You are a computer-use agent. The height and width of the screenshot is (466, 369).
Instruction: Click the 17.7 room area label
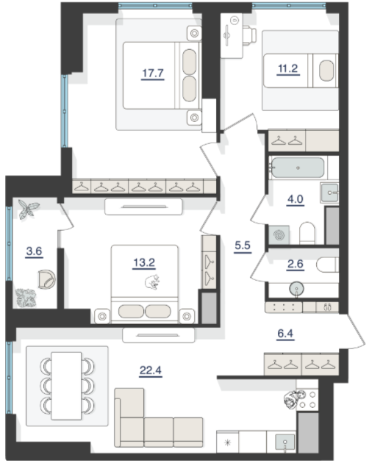153,73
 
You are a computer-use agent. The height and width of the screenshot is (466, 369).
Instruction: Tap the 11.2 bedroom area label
288,68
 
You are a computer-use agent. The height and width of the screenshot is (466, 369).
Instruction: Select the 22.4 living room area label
151,370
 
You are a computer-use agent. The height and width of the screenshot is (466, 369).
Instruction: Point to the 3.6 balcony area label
34,251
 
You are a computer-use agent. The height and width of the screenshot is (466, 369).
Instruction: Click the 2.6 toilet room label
295,264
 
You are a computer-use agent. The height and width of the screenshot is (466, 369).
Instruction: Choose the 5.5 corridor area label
243,245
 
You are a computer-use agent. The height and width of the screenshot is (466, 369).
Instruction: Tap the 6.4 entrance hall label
285,334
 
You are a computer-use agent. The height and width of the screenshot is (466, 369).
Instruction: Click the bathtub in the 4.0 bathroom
298,168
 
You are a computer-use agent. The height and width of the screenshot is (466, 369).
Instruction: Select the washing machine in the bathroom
279,235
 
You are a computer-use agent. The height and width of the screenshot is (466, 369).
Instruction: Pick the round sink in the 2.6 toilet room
296,289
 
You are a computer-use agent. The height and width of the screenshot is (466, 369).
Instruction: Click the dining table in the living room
66,386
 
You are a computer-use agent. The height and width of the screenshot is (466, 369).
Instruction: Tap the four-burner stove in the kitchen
307,399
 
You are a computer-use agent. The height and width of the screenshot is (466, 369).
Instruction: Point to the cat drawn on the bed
152,282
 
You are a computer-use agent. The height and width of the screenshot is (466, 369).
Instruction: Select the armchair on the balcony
46,279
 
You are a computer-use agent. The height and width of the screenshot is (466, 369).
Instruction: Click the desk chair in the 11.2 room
250,35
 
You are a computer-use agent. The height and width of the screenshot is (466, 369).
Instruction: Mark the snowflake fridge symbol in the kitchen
228,443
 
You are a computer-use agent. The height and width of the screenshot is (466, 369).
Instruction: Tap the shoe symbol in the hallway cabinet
327,307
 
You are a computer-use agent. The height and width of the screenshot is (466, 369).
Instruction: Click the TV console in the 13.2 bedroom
143,207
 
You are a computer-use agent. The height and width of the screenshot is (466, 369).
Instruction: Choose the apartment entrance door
356,331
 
